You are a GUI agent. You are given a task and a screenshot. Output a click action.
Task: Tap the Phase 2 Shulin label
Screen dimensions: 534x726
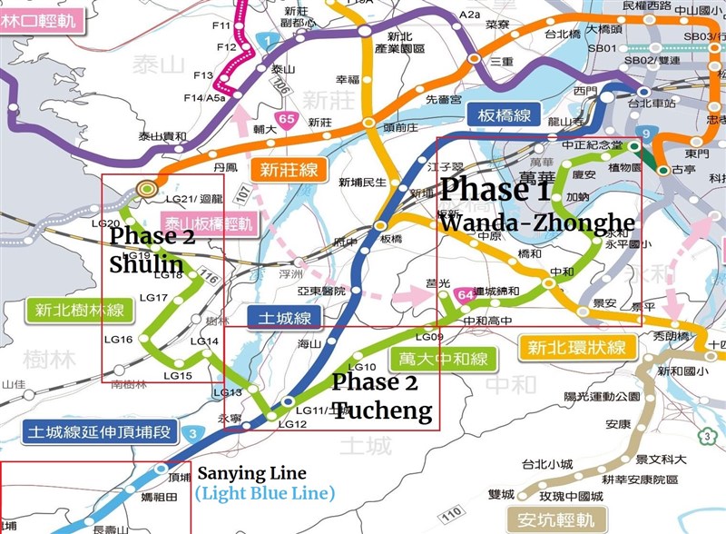pyautogui.click(x=148, y=249)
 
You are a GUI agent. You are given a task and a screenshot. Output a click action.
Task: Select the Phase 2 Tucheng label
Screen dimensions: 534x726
pyautogui.click(x=381, y=396)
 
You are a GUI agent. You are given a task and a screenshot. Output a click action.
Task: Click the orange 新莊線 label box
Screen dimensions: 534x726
pyautogui.click(x=289, y=169)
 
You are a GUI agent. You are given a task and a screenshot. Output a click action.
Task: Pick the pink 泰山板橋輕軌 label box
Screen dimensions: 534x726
pyautogui.click(x=208, y=221)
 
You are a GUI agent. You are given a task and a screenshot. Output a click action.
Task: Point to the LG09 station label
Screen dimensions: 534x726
pyautogui.click(x=431, y=338)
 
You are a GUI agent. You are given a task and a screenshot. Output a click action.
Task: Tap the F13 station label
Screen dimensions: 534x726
pyautogui.click(x=203, y=74)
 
